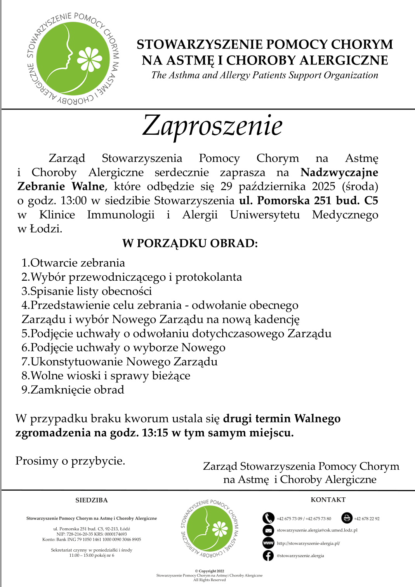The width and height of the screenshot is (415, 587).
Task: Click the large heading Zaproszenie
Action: [212, 126]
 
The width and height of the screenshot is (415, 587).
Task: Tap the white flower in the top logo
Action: [89, 60]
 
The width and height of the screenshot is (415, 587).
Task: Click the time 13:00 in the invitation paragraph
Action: [73, 201]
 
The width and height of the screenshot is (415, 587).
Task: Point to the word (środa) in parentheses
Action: [360, 187]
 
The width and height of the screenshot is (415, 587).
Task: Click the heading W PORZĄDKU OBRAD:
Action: [190, 243]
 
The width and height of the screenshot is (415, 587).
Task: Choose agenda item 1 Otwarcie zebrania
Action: [73, 263]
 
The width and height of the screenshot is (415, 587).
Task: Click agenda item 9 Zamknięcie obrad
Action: [73, 390]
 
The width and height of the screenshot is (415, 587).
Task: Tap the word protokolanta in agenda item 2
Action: [208, 277]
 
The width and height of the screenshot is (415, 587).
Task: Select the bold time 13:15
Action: [155, 433]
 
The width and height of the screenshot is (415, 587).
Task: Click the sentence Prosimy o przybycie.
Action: [70, 461]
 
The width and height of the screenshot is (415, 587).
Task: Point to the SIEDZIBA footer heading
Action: [92, 500]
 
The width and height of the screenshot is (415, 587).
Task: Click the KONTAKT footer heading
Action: [328, 500]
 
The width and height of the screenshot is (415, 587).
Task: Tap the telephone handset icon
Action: [268, 518]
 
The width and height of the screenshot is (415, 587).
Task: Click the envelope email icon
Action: [268, 530]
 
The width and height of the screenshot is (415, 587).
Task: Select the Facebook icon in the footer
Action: [268, 556]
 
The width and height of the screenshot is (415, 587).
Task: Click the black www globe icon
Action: [268, 543]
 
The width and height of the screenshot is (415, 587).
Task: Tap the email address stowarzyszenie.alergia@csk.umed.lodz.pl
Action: [317, 530]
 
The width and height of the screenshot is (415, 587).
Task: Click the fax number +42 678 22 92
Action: [366, 519]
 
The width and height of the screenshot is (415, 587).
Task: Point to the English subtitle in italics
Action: [265, 75]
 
